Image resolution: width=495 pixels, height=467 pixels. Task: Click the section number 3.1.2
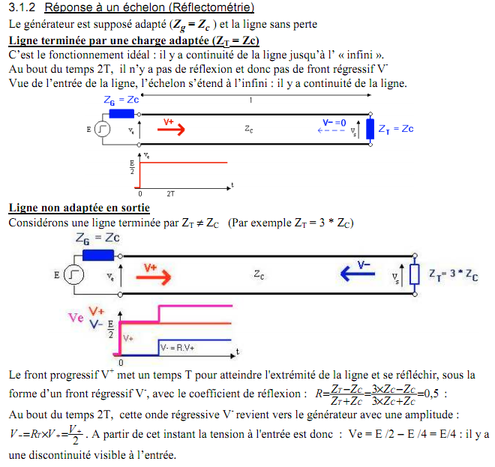click(22, 8)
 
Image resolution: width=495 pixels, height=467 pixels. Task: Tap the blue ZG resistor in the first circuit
click(121, 114)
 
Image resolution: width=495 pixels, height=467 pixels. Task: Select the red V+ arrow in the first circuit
click(172, 129)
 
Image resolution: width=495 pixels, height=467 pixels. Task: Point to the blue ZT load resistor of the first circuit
click(370, 129)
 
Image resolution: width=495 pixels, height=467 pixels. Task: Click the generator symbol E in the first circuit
click(103, 130)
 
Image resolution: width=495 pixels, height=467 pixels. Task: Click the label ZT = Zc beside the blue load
click(396, 129)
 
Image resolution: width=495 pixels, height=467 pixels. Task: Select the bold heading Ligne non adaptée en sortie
click(79, 208)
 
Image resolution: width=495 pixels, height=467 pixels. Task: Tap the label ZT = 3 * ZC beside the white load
click(454, 275)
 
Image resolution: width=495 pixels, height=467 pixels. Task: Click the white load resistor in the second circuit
click(413, 274)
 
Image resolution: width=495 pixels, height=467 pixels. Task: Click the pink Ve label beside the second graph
click(76, 318)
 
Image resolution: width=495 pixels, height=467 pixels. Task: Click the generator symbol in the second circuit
click(73, 276)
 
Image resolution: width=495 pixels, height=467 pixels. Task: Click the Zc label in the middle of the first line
click(248, 129)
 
